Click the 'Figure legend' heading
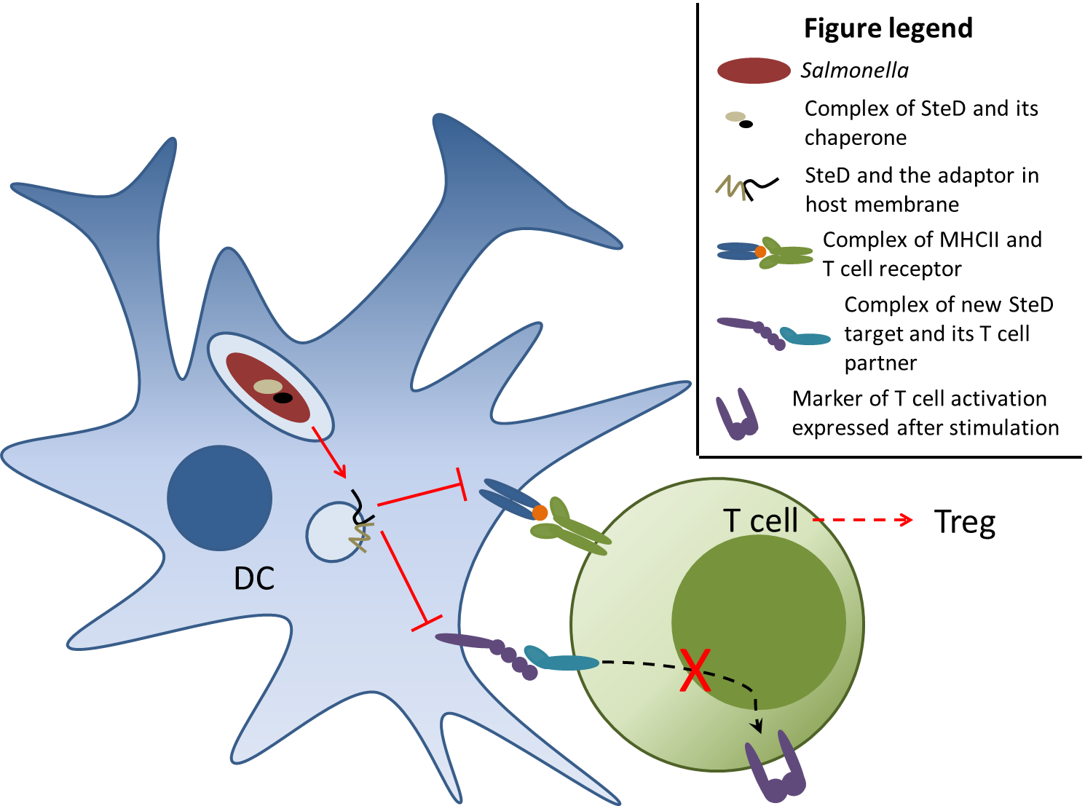point(888,28)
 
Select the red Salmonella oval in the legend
point(754,71)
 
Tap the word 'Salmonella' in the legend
point(854,71)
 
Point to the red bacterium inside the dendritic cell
point(268,387)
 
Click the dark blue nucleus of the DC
point(219,498)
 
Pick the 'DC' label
point(254,579)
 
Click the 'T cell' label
point(760,521)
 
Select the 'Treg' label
point(965,522)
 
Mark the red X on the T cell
point(695,670)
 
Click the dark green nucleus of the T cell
point(758,623)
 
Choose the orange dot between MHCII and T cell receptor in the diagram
point(540,513)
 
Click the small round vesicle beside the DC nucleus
point(334,532)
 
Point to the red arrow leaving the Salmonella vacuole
point(329,451)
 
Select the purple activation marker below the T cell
point(776,768)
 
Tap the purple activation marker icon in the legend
point(737,415)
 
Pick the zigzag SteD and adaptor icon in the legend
point(746,187)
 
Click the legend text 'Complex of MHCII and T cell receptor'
point(931,254)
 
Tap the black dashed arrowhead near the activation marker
point(758,725)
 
